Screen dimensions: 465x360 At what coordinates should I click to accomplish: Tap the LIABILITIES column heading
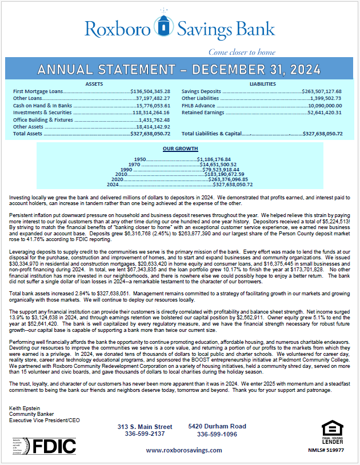click(x=262, y=83)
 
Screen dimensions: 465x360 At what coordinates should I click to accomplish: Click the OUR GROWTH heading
click(x=176, y=148)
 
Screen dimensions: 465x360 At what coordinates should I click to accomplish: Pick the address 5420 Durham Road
click(x=217, y=426)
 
